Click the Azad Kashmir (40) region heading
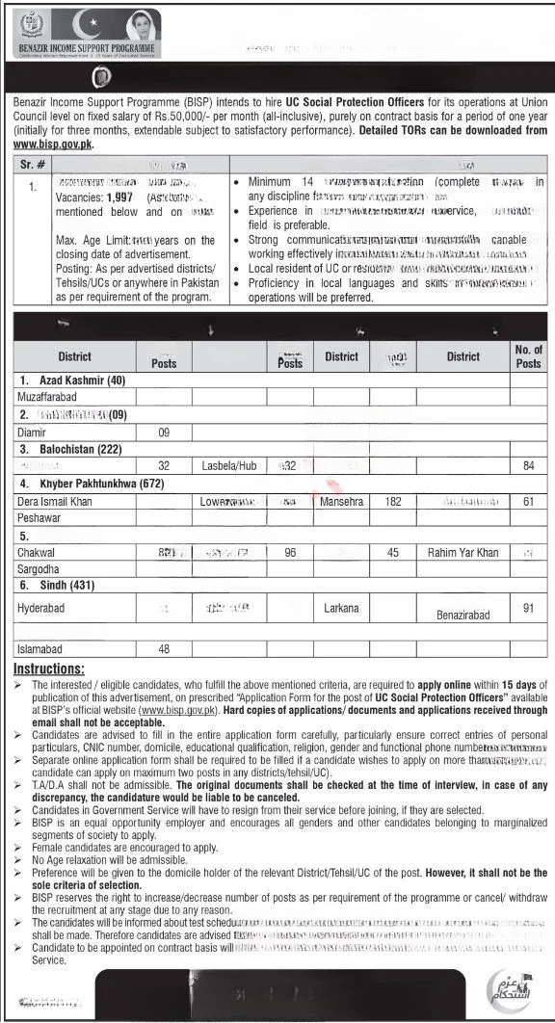70,380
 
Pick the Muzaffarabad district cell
53,396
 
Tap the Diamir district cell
32,433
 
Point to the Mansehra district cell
341,502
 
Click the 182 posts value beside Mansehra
393,502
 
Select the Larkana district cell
341,608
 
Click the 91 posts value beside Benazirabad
528,609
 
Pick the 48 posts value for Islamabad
164,650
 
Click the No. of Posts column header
528,356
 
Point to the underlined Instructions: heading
49,669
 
